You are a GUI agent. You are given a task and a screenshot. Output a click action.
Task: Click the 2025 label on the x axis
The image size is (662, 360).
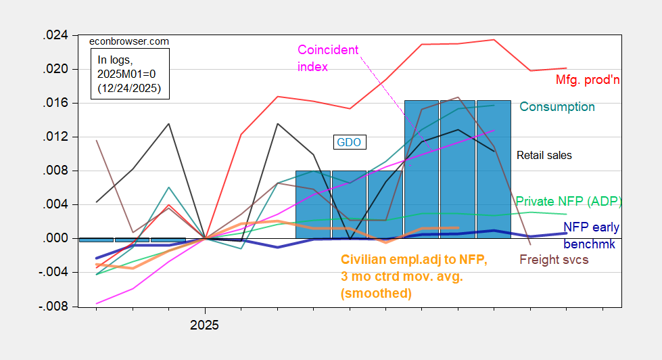204,325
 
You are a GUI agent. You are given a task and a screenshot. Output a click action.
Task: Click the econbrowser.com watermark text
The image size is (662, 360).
130,42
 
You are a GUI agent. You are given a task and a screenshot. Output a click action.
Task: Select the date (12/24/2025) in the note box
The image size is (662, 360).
131,89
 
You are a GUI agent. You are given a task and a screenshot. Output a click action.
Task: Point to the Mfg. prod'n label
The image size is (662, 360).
588,81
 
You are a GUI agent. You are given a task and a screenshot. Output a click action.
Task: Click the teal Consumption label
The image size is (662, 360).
557,107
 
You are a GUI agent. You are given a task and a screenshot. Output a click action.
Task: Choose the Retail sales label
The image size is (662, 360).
544,156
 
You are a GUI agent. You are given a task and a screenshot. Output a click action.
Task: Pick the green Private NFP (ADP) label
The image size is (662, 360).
569,201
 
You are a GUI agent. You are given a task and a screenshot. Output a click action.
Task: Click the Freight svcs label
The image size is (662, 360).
554,259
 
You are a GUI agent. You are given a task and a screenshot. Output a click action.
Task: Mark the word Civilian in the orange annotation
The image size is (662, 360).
363,260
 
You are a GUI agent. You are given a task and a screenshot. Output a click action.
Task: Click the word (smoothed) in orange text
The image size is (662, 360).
376,293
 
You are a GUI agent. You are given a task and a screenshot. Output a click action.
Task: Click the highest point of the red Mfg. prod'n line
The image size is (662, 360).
494,40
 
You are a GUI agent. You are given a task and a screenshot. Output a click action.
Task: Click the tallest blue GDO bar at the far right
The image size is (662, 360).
493,169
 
